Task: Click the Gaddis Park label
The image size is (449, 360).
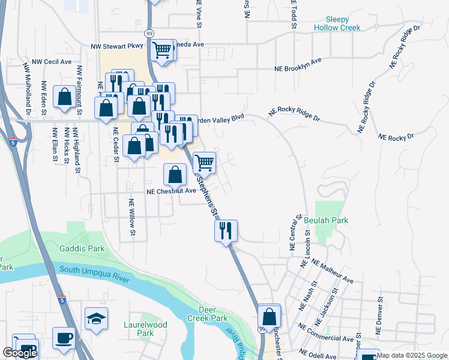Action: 82,248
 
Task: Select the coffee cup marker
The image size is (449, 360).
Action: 64,337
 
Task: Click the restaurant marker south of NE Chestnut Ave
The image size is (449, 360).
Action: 226,230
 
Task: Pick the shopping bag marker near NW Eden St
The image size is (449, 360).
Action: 64,97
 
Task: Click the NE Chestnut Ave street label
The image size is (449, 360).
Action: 172,191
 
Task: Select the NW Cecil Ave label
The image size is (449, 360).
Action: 52,61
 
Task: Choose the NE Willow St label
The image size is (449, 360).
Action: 131,217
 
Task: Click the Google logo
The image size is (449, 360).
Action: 20,353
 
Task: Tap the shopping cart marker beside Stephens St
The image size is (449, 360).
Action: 204,162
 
